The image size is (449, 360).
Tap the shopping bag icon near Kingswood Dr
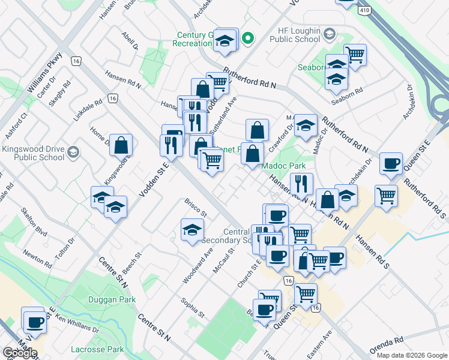coord(121,145)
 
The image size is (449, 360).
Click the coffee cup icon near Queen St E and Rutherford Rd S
coord(391,163)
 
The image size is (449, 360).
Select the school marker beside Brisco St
coord(192,230)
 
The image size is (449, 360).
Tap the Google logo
coord(19,353)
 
